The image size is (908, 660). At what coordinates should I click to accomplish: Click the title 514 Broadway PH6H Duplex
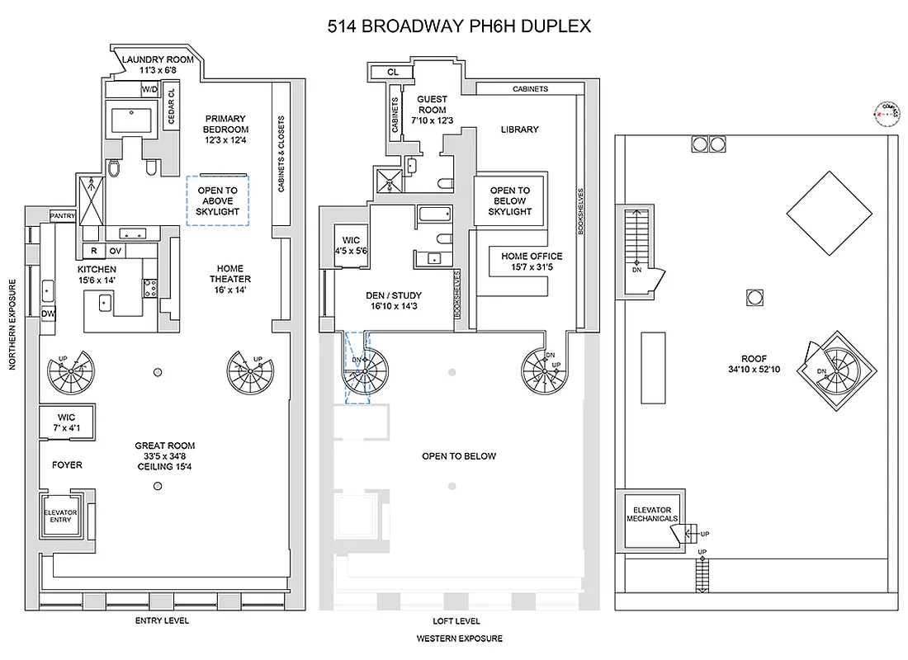[x=459, y=26]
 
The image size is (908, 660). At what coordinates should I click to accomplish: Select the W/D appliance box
[x=150, y=88]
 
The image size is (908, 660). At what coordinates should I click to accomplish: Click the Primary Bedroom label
[x=226, y=129]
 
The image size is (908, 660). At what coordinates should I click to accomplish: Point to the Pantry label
[x=63, y=216]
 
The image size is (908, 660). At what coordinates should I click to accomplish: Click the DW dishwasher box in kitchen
[x=49, y=313]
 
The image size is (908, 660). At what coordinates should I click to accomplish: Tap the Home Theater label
[x=230, y=279]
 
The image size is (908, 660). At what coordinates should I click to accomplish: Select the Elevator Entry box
[x=60, y=517]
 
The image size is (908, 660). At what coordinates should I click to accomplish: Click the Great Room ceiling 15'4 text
[x=165, y=468]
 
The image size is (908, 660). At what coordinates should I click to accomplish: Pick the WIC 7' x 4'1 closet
[x=67, y=422]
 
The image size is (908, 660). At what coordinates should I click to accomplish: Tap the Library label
[x=519, y=130]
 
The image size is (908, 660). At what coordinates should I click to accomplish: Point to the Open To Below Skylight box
[x=509, y=200]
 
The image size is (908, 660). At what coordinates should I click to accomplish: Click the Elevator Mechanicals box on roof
[x=651, y=515]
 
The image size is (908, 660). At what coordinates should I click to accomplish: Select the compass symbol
[x=888, y=111]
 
